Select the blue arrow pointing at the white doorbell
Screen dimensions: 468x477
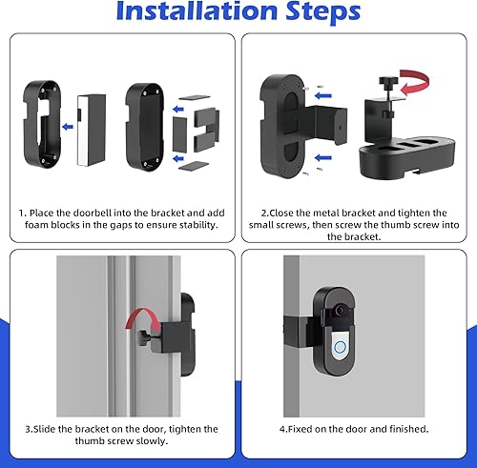(x=66, y=123)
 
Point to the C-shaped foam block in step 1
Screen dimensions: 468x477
(x=199, y=130)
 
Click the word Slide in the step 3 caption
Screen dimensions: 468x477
(x=40, y=429)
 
